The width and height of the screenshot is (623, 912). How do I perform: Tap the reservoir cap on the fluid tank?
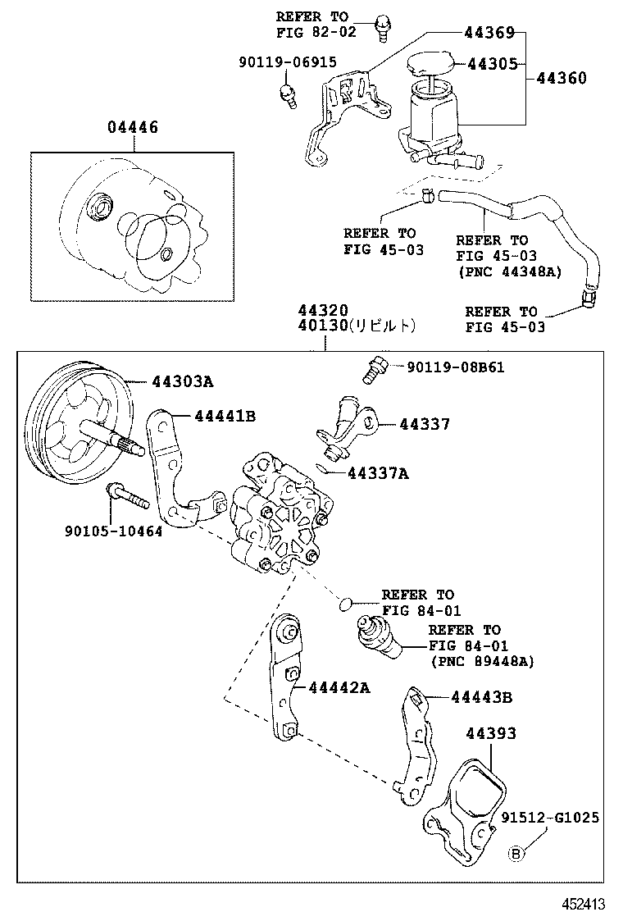click(430, 66)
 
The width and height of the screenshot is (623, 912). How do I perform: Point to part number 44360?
click(562, 79)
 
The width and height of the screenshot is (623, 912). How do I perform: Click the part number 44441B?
click(225, 416)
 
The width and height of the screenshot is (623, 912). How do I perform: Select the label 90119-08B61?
click(455, 367)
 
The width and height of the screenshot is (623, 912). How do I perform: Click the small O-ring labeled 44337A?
click(327, 470)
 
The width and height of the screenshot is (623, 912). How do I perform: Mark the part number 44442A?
click(339, 687)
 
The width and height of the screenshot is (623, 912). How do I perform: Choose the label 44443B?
click(481, 697)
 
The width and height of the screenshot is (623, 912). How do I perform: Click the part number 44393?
click(492, 733)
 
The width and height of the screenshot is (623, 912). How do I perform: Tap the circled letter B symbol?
click(516, 854)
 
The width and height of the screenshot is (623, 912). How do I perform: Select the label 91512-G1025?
click(551, 818)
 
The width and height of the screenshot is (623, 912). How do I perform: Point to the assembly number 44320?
click(323, 311)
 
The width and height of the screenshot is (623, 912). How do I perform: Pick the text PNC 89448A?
click(482, 661)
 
